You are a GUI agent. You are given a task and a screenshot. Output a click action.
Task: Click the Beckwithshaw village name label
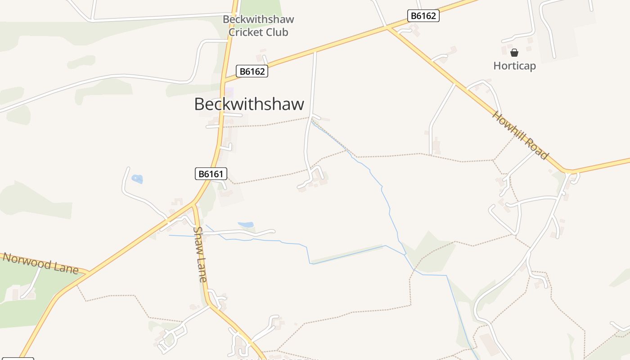pyautogui.click(x=249, y=104)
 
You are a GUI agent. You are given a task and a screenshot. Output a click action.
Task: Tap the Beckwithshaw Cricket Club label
pyautogui.click(x=258, y=26)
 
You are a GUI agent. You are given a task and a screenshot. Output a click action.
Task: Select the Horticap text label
pyautogui.click(x=514, y=66)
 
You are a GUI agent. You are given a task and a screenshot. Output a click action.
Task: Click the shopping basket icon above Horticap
pyautogui.click(x=514, y=53)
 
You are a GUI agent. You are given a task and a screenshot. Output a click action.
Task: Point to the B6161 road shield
pyautogui.click(x=211, y=174)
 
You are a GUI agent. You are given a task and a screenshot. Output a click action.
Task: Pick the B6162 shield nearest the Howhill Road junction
pyautogui.click(x=423, y=16)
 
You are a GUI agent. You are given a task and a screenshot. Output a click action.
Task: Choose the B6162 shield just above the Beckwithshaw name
pyautogui.click(x=252, y=71)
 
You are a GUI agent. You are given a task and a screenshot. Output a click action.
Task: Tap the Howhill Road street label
pyautogui.click(x=520, y=135)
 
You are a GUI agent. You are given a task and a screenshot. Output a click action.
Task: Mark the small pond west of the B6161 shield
pyautogui.click(x=137, y=179)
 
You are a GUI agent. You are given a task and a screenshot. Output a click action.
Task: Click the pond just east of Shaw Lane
pyautogui.click(x=246, y=225)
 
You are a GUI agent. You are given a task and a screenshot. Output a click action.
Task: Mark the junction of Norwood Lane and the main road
pyautogui.click(x=88, y=273)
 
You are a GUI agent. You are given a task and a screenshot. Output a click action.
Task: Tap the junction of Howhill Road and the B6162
pyautogui.click(x=387, y=28)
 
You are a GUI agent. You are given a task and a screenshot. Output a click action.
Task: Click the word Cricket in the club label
pyautogui.click(x=246, y=32)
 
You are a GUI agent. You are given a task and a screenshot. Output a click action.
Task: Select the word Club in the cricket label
pyautogui.click(x=277, y=32)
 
